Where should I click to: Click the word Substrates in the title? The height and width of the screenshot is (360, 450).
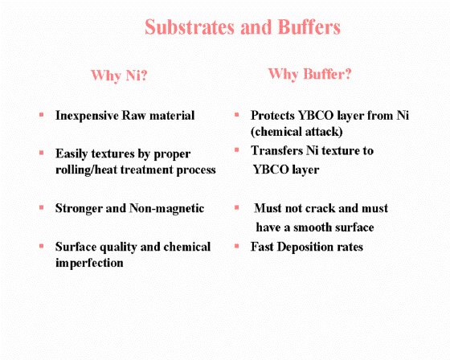coord(190,27)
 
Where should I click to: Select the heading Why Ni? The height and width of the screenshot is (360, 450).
coord(119,76)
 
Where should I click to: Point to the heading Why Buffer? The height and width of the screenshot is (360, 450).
coord(310,74)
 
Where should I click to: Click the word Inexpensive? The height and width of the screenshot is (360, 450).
coord(87,116)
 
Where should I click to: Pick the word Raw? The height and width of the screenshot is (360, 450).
coord(134,116)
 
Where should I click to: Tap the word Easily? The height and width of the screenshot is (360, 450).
coord(72,154)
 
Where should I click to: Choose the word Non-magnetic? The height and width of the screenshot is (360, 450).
coord(167,209)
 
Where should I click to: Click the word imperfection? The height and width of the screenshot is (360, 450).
coord(89,263)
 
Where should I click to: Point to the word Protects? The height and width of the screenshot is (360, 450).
coord(272,116)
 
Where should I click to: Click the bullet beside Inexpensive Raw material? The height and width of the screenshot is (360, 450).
coord(41,115)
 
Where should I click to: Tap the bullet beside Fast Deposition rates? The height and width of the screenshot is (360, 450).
coord(237,246)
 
